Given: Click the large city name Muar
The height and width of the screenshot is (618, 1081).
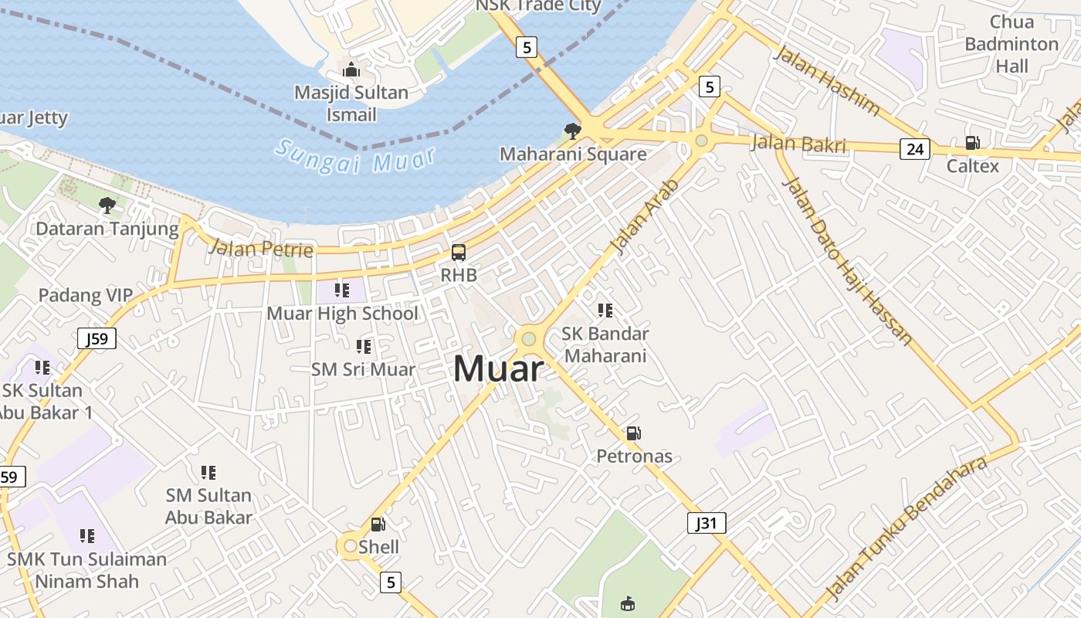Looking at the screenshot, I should (498, 368).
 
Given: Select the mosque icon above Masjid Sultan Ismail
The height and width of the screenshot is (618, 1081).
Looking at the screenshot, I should (351, 70).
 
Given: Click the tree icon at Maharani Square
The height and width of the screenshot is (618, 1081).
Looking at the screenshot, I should (572, 131).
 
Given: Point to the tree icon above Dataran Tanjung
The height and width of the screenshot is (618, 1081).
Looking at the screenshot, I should (107, 205).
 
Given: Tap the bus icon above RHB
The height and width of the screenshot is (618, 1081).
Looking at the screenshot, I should (459, 253).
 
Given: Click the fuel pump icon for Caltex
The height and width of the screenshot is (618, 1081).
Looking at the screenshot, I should (972, 143).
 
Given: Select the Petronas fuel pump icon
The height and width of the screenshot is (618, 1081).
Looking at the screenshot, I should (633, 433).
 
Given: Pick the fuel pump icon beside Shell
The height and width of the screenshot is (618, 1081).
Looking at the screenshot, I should (378, 525).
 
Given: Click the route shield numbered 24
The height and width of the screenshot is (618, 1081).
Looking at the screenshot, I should (914, 148).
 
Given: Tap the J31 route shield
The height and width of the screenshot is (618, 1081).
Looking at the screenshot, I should (707, 523).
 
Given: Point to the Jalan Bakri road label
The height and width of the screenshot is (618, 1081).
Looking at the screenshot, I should (798, 144).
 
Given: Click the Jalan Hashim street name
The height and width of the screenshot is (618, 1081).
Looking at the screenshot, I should (826, 80).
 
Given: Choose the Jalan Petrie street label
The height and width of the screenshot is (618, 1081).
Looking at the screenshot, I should (261, 249).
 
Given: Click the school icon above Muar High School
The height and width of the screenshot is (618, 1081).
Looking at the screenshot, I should (341, 290).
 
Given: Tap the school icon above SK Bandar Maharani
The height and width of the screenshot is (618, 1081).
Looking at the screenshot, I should (605, 311).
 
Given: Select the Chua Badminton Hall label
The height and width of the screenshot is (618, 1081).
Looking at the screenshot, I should (1012, 44).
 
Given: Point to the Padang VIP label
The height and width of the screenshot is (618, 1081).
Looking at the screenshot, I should (86, 295).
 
